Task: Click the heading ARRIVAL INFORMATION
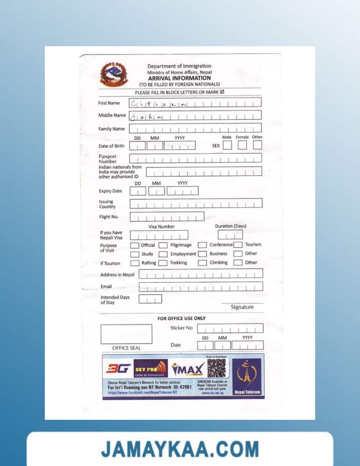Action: [x=179, y=78]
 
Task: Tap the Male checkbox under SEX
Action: [x=227, y=145]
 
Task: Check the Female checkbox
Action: [x=242, y=145]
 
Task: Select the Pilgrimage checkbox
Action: [x=163, y=245]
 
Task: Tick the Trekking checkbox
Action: [x=163, y=263]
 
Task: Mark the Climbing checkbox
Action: [x=203, y=263]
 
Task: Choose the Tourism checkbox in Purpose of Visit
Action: [x=238, y=245]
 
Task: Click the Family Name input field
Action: [x=195, y=128]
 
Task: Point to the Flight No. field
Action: [x=167, y=217]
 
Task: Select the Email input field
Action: [x=200, y=287]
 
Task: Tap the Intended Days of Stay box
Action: [x=150, y=299]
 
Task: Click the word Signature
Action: [x=242, y=307]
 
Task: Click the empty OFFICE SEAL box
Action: [x=126, y=334]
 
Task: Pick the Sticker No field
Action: [x=230, y=328]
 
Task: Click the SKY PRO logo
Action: [x=150, y=368]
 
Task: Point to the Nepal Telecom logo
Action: [x=247, y=376]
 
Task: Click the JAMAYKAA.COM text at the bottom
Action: [x=180, y=449]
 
